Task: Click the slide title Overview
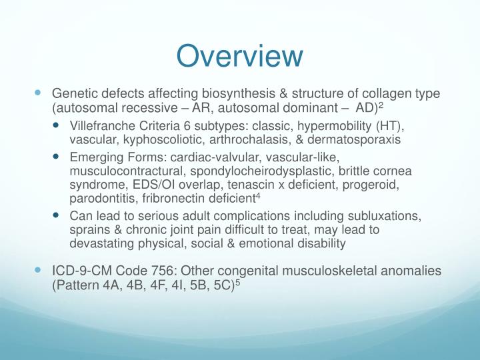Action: [x=240, y=56]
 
